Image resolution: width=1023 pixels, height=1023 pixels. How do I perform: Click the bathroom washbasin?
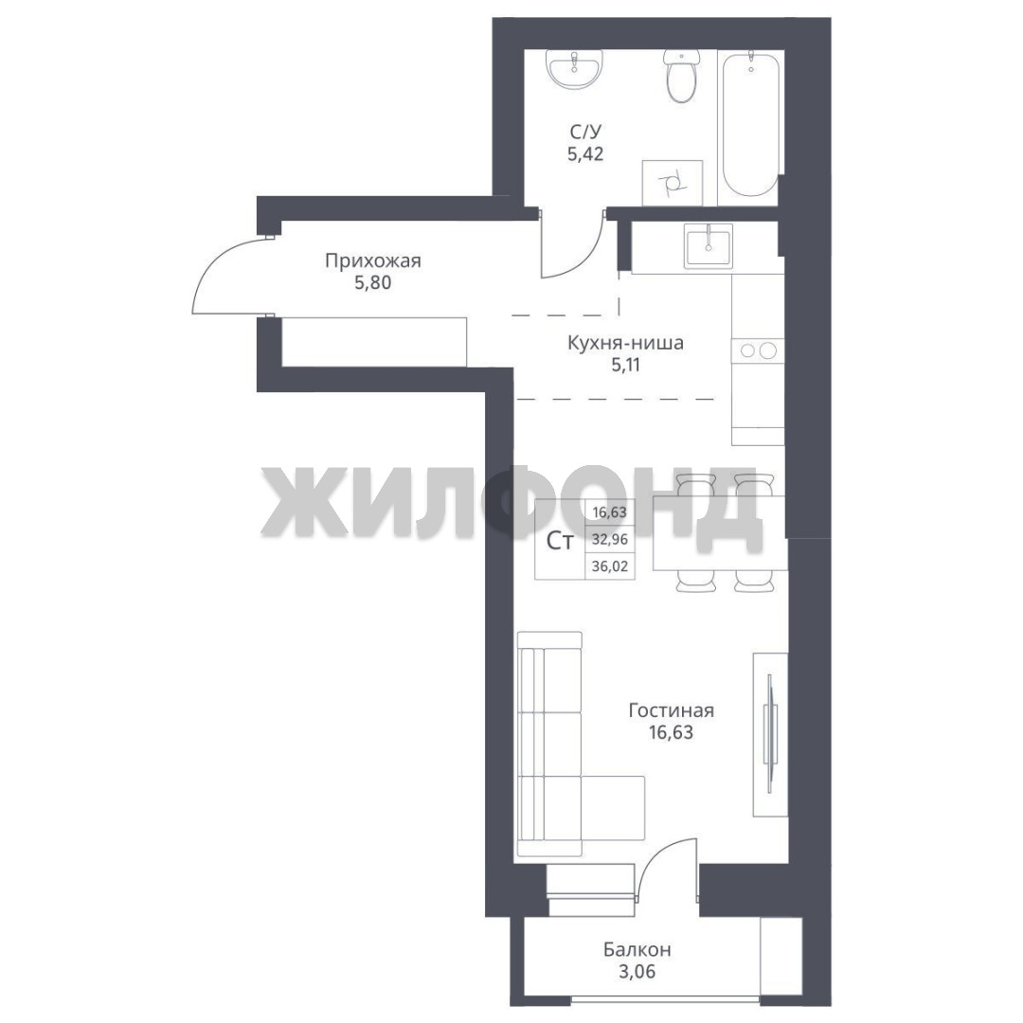click(x=576, y=69)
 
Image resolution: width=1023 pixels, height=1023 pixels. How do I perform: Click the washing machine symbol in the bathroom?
click(x=672, y=182)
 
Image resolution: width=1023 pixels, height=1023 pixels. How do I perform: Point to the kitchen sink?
click(x=708, y=245)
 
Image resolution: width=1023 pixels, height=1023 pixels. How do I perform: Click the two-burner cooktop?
click(x=758, y=350)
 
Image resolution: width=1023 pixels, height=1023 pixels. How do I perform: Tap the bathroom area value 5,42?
click(x=585, y=154)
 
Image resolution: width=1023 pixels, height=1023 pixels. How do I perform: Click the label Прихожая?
click(x=373, y=261)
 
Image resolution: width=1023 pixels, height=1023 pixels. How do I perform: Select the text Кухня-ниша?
click(x=625, y=343)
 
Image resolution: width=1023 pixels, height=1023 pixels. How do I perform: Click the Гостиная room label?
click(x=672, y=709)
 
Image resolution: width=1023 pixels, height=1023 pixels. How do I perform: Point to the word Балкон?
click(x=637, y=949)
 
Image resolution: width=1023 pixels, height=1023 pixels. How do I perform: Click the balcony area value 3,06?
click(x=637, y=972)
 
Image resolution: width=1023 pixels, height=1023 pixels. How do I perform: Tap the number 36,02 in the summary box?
click(x=610, y=566)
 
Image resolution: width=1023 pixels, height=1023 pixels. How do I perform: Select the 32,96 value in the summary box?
click(x=610, y=540)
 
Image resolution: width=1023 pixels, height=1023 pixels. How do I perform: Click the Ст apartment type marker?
click(x=560, y=541)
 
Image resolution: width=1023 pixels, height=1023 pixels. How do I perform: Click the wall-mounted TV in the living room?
click(x=770, y=734)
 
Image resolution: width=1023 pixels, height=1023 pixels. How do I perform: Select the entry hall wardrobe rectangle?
click(x=374, y=341)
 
